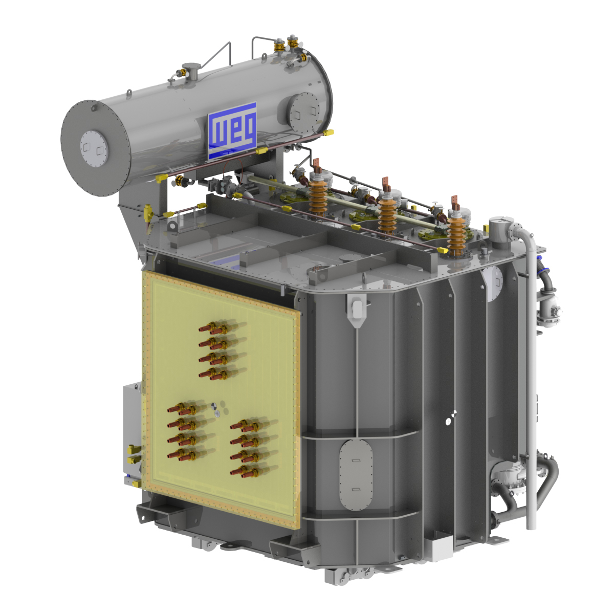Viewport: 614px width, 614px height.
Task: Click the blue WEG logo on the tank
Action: point(232,131)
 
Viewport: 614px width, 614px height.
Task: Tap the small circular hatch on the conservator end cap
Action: point(94,148)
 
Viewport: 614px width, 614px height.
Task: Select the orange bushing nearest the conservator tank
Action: point(317,194)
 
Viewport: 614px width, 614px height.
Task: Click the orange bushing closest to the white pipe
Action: point(457,233)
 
